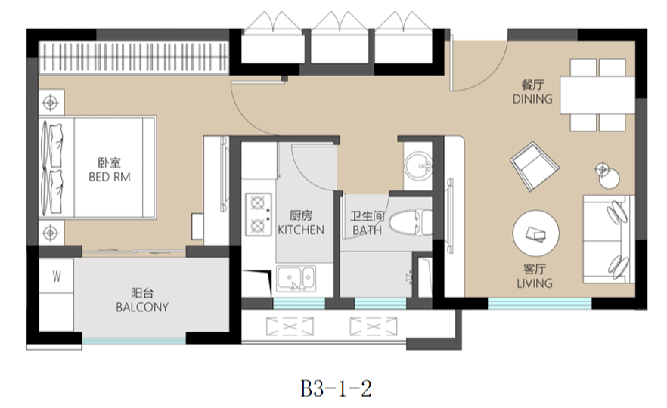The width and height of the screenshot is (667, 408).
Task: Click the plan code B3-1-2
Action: [x=336, y=388]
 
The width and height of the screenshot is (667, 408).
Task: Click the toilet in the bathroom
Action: [x=410, y=222]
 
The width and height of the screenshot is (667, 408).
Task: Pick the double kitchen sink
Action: [x=296, y=279]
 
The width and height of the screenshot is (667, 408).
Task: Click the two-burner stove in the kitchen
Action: [x=258, y=215]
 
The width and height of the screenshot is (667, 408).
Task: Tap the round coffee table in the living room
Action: [x=535, y=233]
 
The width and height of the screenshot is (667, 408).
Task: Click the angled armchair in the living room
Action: [x=534, y=166]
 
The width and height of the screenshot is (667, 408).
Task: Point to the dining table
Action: [x=597, y=94]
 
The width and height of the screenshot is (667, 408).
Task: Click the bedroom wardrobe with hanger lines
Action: [x=134, y=57]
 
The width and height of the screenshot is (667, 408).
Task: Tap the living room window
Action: [x=540, y=303]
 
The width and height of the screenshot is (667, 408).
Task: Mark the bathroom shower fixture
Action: [x=409, y=277]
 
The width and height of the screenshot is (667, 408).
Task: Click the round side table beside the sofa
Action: [x=609, y=178]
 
